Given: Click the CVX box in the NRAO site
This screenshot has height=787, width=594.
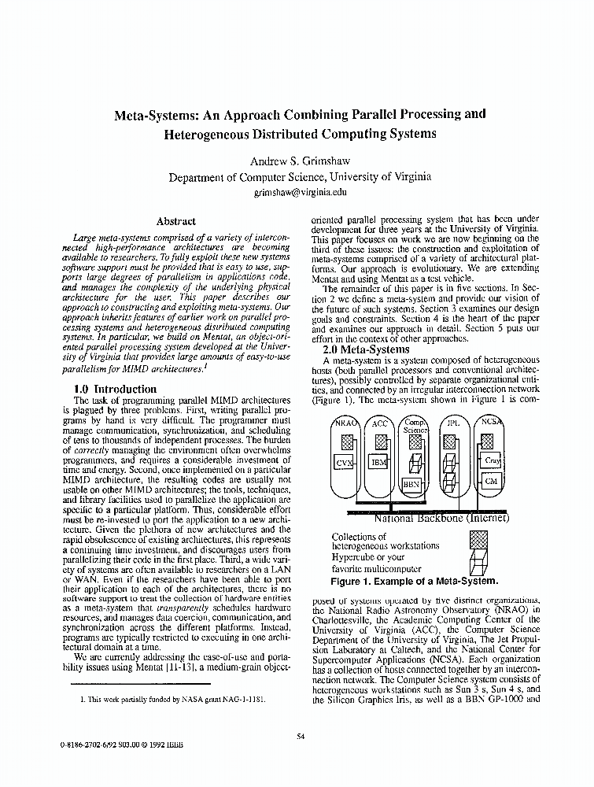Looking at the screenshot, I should (x=343, y=464).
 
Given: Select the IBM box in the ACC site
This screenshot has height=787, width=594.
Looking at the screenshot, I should (x=378, y=462).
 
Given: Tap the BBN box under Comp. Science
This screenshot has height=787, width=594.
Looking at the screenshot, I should (x=411, y=483).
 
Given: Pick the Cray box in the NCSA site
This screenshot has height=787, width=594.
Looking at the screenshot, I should (x=492, y=460).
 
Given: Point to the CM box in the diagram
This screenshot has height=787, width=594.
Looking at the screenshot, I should (x=491, y=480).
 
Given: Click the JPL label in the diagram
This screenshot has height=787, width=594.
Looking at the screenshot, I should (x=453, y=423).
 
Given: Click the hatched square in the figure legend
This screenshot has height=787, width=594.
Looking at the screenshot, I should (x=478, y=540).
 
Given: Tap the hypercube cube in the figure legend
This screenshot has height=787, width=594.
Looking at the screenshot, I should (x=478, y=563).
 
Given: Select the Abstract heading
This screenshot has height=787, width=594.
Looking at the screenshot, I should (x=175, y=221).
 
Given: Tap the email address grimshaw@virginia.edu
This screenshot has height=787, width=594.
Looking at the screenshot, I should (x=300, y=191).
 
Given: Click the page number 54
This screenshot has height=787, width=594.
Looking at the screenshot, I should (x=301, y=736).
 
